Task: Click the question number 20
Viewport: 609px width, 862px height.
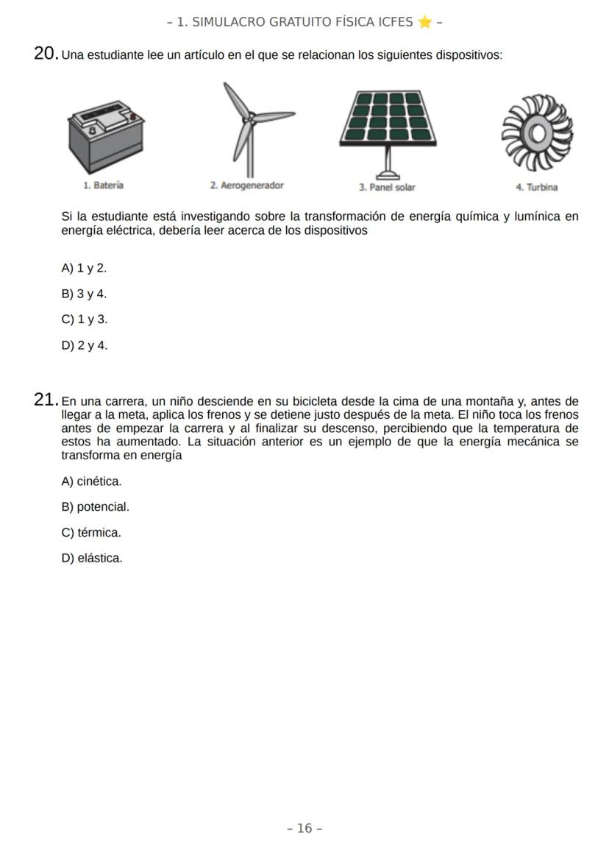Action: click(46, 54)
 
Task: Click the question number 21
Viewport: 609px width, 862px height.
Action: click(46, 400)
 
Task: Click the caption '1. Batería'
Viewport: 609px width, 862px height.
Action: click(104, 186)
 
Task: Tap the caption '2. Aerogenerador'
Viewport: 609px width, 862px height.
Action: click(246, 186)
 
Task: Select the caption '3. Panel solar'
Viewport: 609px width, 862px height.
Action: click(387, 188)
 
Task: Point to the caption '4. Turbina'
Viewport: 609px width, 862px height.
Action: click(537, 188)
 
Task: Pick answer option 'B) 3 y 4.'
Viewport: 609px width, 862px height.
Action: click(85, 294)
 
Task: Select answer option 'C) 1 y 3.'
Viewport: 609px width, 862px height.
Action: click(85, 319)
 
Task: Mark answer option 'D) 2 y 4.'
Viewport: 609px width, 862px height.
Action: click(85, 345)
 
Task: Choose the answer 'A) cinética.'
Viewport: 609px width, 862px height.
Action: click(92, 481)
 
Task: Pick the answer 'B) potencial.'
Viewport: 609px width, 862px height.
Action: click(96, 507)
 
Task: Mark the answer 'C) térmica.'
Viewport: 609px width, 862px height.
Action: click(92, 532)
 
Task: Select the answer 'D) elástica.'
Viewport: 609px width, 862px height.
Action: click(93, 558)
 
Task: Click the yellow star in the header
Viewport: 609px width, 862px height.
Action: click(424, 21)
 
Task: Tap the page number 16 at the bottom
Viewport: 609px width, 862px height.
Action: click(304, 828)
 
